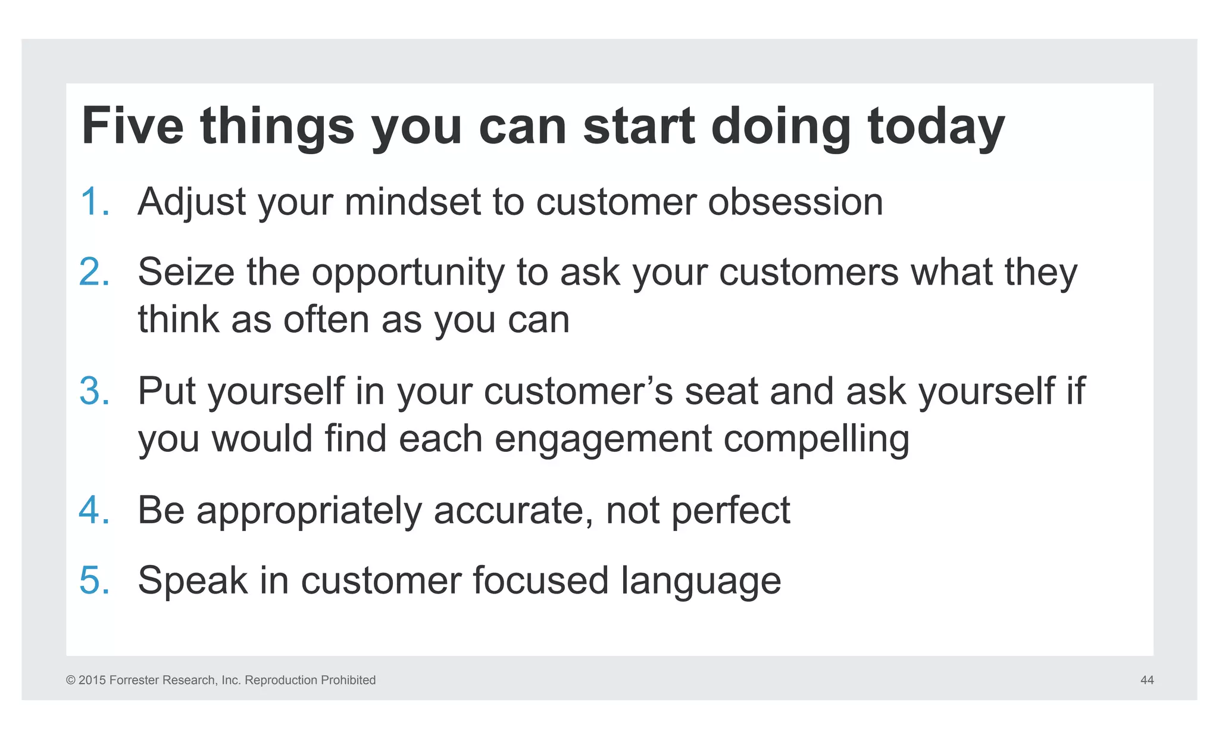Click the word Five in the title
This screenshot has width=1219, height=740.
132,126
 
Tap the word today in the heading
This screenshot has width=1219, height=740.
936,126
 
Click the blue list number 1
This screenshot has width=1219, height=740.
94,202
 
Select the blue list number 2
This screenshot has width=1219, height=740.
94,272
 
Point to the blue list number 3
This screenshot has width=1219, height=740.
94,391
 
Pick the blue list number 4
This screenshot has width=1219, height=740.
94,510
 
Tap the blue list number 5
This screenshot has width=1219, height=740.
94,580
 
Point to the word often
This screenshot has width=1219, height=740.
326,320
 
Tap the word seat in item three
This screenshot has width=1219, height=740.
721,391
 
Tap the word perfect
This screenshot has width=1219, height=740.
730,510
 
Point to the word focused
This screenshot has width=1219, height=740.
540,580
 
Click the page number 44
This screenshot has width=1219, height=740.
1146,680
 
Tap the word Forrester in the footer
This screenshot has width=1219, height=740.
134,680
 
